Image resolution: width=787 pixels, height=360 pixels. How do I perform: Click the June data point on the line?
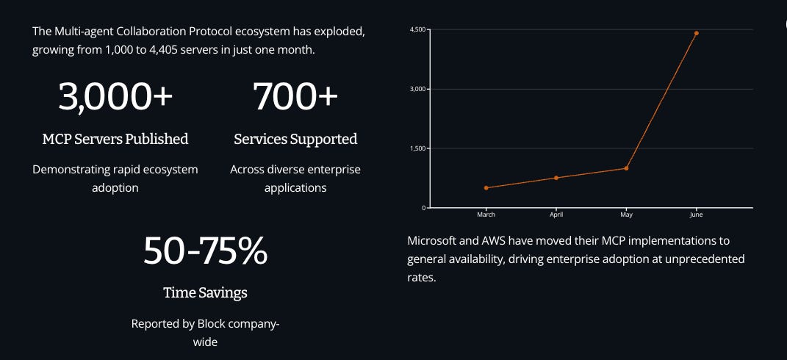696,33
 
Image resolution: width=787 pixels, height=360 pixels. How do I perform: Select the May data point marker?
626,168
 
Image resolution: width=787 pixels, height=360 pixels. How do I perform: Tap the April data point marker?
556,178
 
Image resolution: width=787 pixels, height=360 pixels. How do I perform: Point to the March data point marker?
486,188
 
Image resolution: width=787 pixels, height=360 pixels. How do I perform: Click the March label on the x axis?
486,215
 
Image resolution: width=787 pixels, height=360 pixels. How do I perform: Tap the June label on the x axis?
696,215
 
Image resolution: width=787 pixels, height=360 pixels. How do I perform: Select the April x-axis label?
556,215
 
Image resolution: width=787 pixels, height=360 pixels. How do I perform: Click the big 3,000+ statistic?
115,98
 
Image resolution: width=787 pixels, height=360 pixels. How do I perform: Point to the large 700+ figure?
295,98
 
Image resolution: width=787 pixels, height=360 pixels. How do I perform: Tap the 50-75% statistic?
205,251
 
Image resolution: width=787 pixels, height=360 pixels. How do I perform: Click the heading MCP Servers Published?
115,139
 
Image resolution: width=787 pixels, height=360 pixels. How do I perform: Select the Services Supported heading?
295,139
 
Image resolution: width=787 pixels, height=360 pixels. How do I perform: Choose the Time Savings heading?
205,293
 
